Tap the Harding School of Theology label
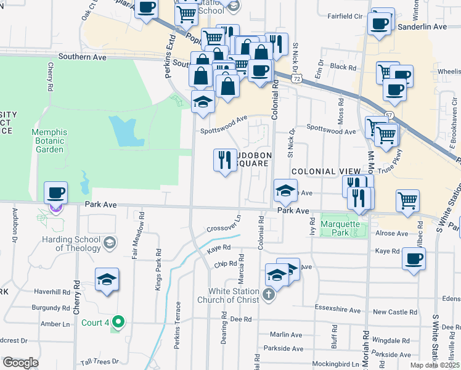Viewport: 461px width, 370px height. pyautogui.click(x=70, y=244)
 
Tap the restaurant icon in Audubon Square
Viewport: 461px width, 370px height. pyautogui.click(x=224, y=160)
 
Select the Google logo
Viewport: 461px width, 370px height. pyautogui.click(x=20, y=363)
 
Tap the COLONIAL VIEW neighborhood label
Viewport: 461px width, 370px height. pyautogui.click(x=325, y=171)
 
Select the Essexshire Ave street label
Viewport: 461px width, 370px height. pyautogui.click(x=337, y=311)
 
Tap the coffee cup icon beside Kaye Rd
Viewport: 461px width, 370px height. pyautogui.click(x=414, y=258)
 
